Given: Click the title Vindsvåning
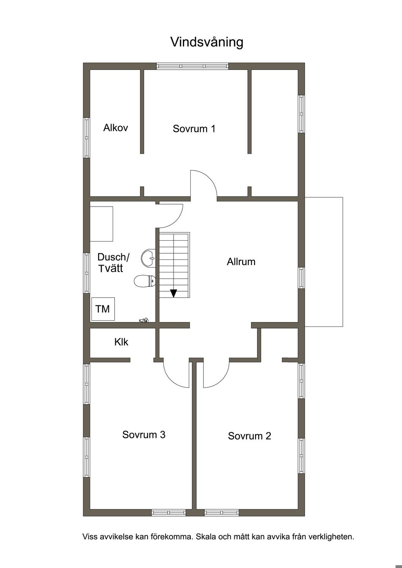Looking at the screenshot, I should coord(206,42).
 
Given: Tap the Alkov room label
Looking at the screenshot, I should coord(115,128).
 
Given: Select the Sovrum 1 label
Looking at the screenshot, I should coord(194,129).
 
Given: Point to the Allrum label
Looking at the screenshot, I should coord(241,262).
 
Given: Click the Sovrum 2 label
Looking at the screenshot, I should coord(249,436).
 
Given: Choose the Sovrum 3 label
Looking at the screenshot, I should coord(144,435).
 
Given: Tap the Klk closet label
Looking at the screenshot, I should coord(121,342).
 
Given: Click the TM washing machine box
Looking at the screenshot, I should coord(103,309).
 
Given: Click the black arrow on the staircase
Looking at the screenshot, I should coord(174,293).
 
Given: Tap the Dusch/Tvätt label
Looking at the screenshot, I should coord(113,263).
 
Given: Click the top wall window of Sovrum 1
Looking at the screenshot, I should coord(192,66).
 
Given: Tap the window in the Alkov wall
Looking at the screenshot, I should coord(86,138).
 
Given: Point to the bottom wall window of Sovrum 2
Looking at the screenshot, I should coord(222,512).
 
